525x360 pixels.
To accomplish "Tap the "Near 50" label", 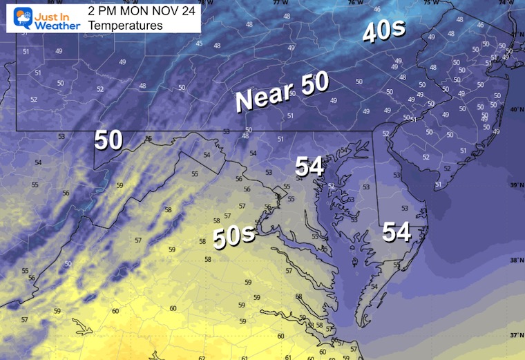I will [x=282, y=92].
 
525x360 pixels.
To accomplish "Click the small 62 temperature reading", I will [x=202, y=357].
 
